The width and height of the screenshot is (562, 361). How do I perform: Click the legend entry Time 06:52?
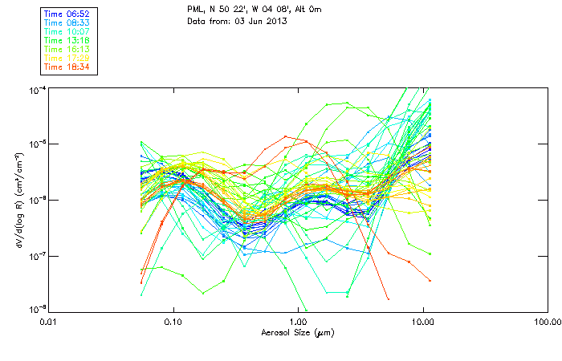[67, 14]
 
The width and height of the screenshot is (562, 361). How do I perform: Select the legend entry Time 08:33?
[67, 23]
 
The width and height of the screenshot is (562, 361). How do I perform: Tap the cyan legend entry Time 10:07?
[67, 31]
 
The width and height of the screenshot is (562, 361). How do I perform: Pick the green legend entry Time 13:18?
[67, 40]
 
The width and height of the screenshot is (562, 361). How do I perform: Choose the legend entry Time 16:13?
[67, 49]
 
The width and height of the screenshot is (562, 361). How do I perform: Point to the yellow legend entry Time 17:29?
[67, 58]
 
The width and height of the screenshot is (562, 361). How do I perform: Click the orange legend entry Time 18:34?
[67, 67]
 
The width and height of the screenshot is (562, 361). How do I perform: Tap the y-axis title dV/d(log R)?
[17, 198]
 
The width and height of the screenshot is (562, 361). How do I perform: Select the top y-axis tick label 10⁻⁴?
[37, 88]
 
